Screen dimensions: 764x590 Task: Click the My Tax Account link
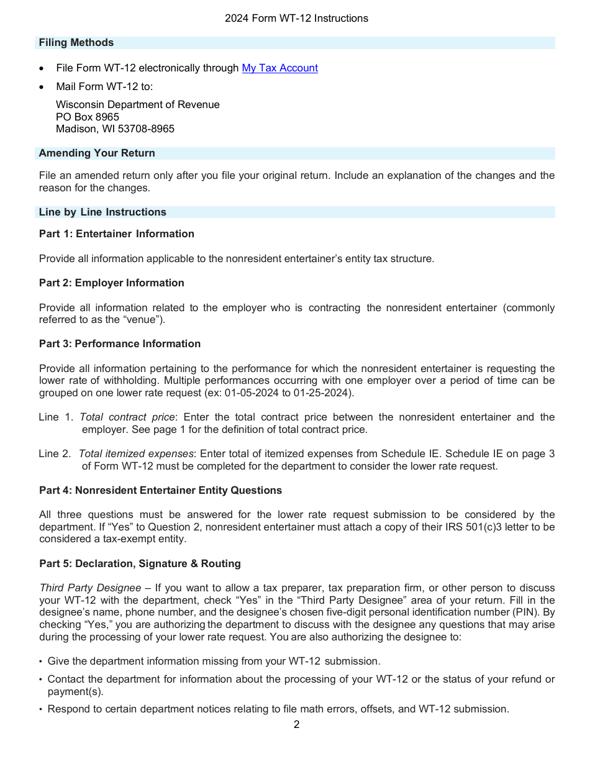pos(279,68)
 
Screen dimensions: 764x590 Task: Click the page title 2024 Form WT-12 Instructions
pos(296,19)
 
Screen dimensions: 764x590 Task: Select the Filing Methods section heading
pos(76,43)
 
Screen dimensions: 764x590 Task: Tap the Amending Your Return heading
pos(97,153)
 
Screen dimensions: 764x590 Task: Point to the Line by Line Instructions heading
pos(102,212)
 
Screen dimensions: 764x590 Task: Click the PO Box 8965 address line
pos(88,117)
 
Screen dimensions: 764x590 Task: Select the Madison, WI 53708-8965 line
pos(115,129)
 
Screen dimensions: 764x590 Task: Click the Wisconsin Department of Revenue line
pos(137,105)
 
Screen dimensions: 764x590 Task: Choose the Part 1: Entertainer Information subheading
pos(117,234)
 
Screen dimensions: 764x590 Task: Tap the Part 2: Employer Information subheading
pos(112,283)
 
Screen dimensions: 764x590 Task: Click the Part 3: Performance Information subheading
pos(120,344)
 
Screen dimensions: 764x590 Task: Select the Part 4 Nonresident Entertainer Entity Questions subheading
pos(160,491)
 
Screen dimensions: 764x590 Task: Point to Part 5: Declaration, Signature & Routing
pos(140,564)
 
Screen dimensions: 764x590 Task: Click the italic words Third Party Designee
pos(90,588)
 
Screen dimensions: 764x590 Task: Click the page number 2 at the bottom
pos(296,725)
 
